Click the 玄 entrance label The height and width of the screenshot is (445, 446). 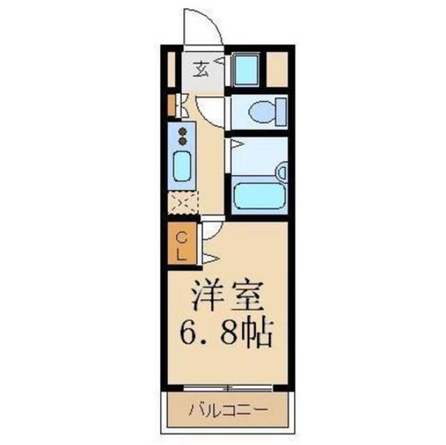[201, 70]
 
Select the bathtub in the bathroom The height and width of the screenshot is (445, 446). [259, 195]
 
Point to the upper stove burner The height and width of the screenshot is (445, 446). [182, 131]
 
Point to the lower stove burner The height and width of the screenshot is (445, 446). [182, 141]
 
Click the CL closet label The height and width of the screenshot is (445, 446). [182, 246]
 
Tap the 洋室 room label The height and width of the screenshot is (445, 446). [228, 296]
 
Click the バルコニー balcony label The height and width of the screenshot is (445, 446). [228, 410]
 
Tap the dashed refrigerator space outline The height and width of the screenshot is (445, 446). [182, 203]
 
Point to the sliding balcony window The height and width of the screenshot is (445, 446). [228, 387]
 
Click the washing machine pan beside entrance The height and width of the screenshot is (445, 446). [246, 70]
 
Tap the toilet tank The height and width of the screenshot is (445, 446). [281, 112]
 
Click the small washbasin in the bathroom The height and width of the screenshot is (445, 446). [282, 171]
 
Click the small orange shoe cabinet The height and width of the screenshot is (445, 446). [171, 106]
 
